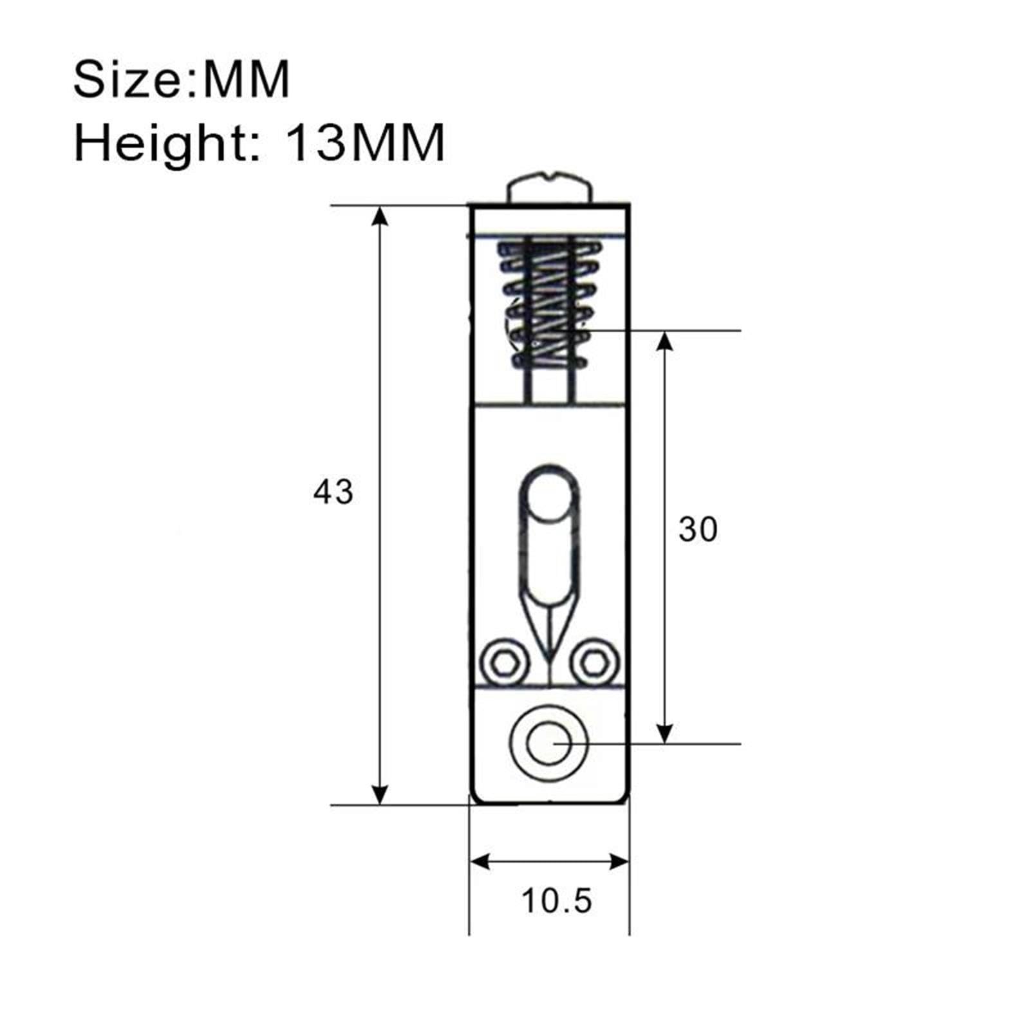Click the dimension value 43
click(x=333, y=492)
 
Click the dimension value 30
click(x=698, y=530)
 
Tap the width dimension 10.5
click(x=556, y=901)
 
